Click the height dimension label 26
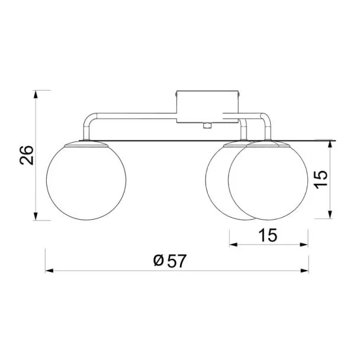[x=27, y=155]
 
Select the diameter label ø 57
[x=170, y=261]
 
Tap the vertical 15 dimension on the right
[x=321, y=180]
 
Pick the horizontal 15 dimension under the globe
[x=268, y=235]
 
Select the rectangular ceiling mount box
[x=208, y=107]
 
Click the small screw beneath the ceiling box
[x=207, y=126]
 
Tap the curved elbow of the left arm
[x=89, y=118]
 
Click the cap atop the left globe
[x=86, y=144]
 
